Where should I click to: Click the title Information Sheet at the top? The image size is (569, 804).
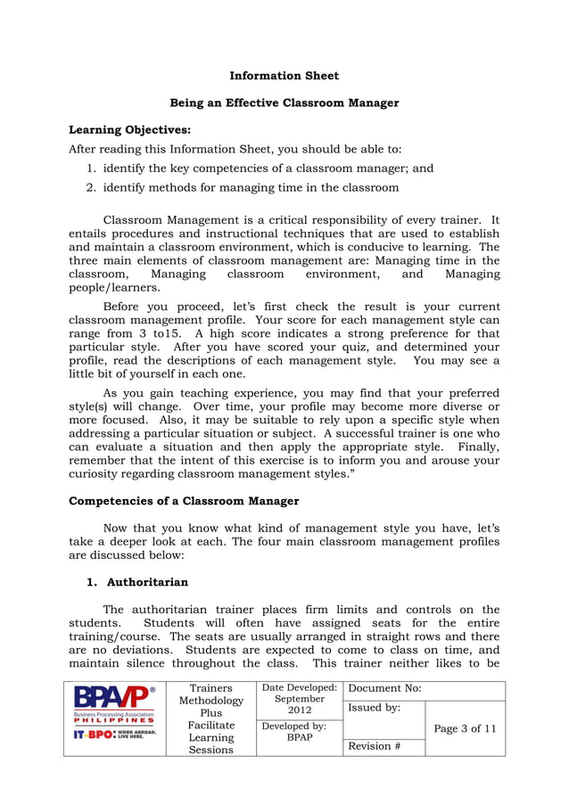pos(284,76)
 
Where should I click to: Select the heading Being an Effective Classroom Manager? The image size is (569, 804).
pos(284,103)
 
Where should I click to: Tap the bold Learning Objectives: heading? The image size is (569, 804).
pos(129,129)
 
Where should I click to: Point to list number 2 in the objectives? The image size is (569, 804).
pos(91,187)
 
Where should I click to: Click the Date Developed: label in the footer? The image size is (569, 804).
pos(299,688)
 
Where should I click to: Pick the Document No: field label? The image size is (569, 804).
pos(385,689)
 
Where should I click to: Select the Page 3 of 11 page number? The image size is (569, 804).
pos(465,728)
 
